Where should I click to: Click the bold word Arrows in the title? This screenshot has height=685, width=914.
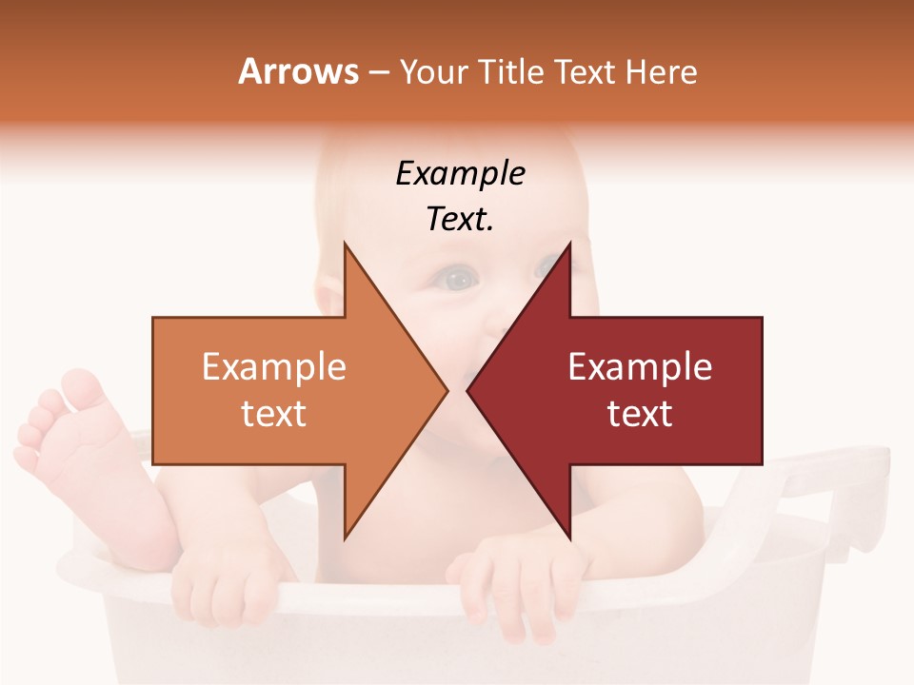click(298, 71)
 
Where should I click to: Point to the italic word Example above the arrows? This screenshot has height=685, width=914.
click(460, 173)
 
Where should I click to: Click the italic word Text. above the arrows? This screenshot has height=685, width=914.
click(460, 219)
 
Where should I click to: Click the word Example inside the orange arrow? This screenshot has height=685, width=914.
click(274, 367)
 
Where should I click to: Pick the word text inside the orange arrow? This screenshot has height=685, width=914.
click(274, 413)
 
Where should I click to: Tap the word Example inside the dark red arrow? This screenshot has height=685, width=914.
click(640, 367)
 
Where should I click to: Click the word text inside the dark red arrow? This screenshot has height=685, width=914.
click(640, 413)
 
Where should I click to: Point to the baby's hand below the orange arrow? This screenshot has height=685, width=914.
click(224, 580)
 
